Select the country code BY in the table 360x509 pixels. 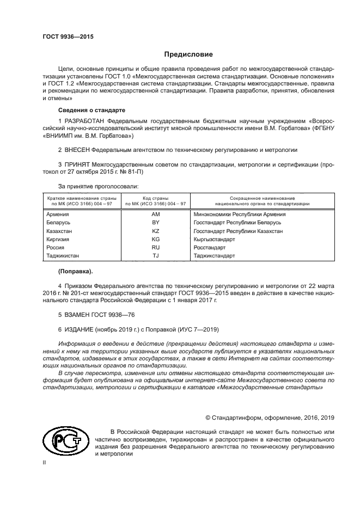pos(155,223)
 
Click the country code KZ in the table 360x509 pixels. pos(155,231)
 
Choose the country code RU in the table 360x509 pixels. pos(155,247)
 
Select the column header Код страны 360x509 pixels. pos(155,199)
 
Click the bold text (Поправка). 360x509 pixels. pos(75,271)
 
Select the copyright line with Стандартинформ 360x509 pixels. pos(270,418)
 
